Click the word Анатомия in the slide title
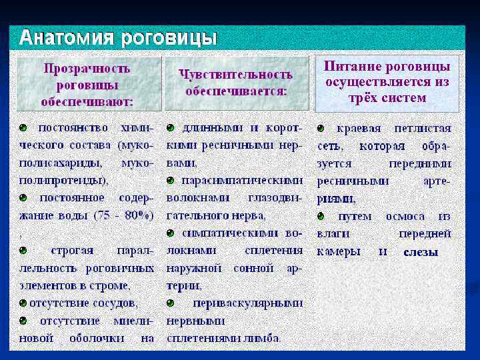(x=67, y=38)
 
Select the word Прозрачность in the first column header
(x=87, y=68)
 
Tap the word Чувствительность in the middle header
(x=236, y=74)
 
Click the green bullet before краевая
(x=321, y=127)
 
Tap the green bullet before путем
(x=321, y=216)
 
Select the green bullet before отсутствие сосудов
(x=23, y=303)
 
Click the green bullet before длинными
(x=170, y=127)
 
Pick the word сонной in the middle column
(x=249, y=268)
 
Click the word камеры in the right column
(x=339, y=252)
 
